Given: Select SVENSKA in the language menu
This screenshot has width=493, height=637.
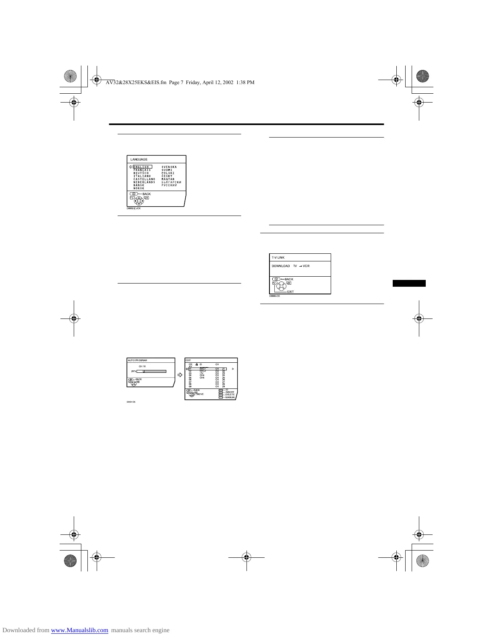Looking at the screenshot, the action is point(169,167).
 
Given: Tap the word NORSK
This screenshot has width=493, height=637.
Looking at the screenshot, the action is point(139,188).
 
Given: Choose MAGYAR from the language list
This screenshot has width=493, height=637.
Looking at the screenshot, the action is point(168,179).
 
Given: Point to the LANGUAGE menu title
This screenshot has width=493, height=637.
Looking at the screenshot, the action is point(139,160).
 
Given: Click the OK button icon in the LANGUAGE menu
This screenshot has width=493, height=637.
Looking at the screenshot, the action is point(146,198).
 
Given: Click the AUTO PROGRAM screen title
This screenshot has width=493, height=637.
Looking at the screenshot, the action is point(137,360).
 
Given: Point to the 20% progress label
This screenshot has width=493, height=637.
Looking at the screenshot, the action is point(133,371).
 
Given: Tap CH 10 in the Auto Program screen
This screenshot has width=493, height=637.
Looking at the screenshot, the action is point(142,366).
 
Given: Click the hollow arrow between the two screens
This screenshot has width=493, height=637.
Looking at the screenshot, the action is point(180,375).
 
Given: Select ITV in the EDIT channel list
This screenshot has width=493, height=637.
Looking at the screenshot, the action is point(202,373).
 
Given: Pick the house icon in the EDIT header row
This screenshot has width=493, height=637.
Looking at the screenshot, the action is point(196,364).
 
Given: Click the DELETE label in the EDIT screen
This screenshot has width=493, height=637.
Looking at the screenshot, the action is point(230,395).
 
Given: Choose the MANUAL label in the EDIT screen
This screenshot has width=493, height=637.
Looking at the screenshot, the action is point(230,397).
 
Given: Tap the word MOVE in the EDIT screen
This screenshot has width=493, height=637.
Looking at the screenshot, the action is point(200,394).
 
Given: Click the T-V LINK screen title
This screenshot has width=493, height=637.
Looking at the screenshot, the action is point(278,258).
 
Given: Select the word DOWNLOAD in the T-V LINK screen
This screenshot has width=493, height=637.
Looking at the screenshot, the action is point(281,266).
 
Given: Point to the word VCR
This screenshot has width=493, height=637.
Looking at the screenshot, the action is point(306,266).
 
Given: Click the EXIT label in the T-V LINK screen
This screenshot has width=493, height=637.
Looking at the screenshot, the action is point(290,292).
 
